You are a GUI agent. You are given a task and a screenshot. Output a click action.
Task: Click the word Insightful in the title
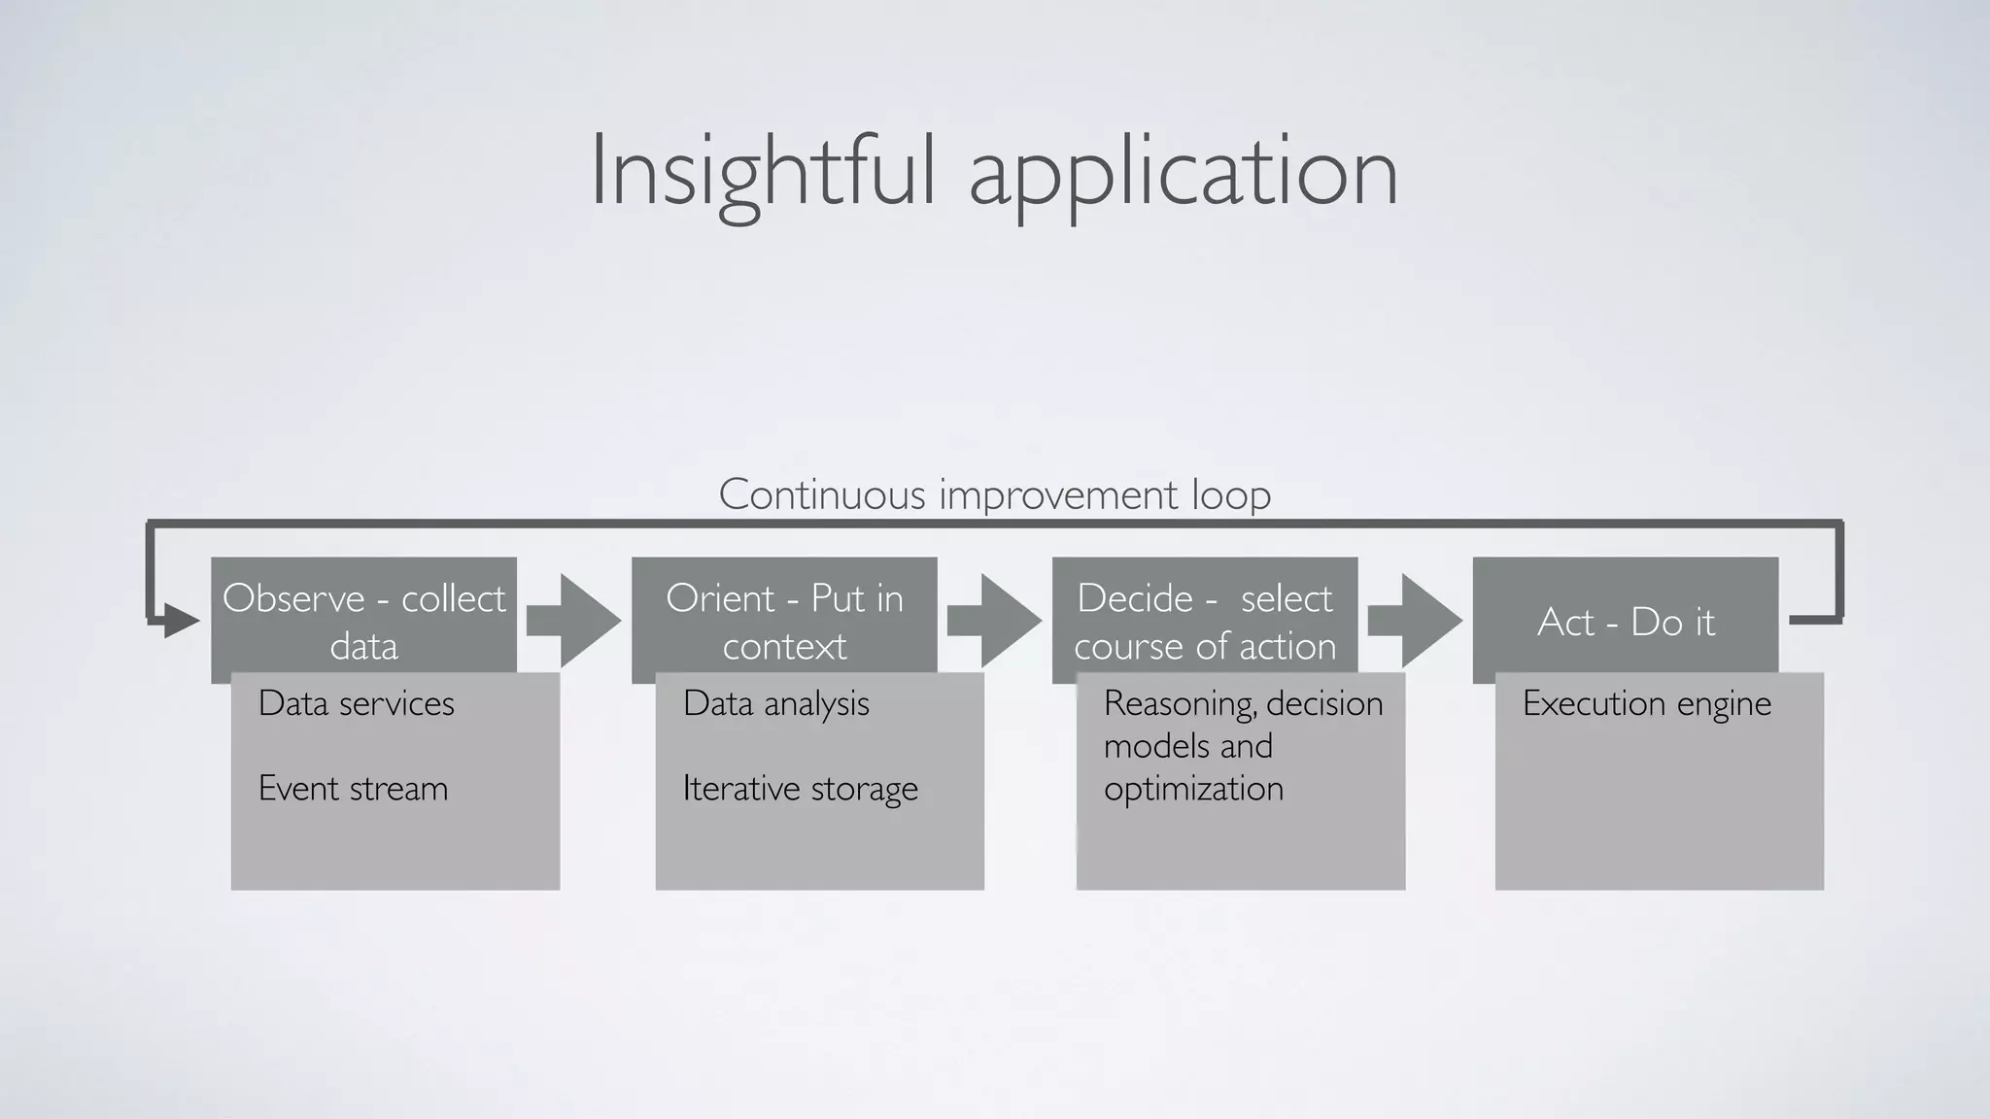point(764,171)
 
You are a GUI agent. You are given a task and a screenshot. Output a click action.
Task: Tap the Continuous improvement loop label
point(994,494)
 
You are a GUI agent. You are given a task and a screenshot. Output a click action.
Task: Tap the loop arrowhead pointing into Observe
point(181,620)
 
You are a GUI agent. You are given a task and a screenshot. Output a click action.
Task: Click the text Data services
point(356,703)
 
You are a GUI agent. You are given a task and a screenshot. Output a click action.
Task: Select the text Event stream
point(353,788)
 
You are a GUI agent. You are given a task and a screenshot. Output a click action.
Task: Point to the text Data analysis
point(775,703)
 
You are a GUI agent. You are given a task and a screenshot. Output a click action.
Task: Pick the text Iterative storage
point(800,788)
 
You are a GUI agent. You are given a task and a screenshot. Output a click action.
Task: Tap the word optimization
point(1193,788)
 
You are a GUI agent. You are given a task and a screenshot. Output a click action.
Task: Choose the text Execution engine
point(1646,703)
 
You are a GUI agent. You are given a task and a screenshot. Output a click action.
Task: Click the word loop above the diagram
point(1231,494)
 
